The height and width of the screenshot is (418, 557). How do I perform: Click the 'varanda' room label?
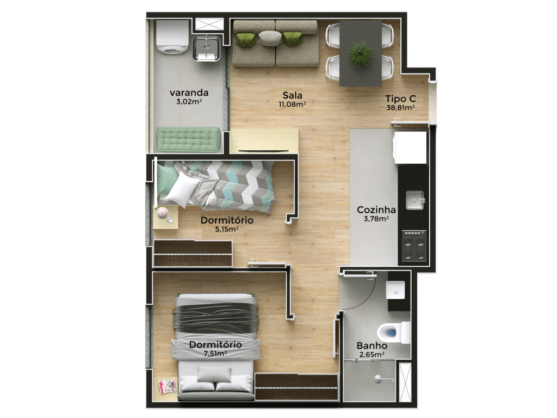pyautogui.click(x=189, y=93)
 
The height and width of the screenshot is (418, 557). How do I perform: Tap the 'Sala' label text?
pyautogui.click(x=292, y=95)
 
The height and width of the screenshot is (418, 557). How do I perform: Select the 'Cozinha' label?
pyautogui.click(x=376, y=210)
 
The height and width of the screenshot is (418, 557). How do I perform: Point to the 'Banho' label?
pyautogui.click(x=372, y=346)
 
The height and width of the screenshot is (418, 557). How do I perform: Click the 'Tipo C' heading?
pyautogui.click(x=401, y=99)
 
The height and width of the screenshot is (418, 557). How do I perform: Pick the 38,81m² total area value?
pyautogui.click(x=401, y=108)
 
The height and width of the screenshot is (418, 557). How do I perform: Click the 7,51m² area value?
pyautogui.click(x=215, y=354)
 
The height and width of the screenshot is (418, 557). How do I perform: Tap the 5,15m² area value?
pyautogui.click(x=227, y=229)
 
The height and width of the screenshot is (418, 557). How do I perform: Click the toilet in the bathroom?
pyautogui.click(x=394, y=333)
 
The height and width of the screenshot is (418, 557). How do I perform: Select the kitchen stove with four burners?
pyautogui.click(x=414, y=245)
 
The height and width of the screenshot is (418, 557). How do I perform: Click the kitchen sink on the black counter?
pyautogui.click(x=415, y=200)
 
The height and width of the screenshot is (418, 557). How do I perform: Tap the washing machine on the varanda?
pyautogui.click(x=172, y=36)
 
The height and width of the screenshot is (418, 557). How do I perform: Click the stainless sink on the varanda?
pyautogui.click(x=206, y=48)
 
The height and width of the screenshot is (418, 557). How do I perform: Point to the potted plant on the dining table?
pyautogui.click(x=360, y=54)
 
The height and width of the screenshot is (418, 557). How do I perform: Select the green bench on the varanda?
pyautogui.click(x=188, y=140)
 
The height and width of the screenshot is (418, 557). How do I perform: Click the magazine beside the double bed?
pyautogui.click(x=167, y=386)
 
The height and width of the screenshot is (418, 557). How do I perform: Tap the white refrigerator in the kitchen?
pyautogui.click(x=410, y=147)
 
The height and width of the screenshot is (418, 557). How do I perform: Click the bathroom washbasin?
pyautogui.click(x=395, y=290)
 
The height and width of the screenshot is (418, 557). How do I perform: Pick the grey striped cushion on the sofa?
pyautogui.click(x=270, y=38)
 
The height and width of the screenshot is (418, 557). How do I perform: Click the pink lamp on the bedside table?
pyautogui.click(x=162, y=213)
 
